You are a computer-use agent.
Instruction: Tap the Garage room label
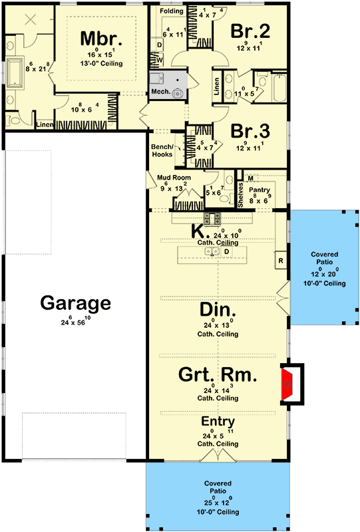point(75,303)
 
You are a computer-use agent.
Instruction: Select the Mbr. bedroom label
point(99,37)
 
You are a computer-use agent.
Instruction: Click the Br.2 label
point(250,31)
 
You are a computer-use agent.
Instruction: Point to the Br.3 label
point(250,130)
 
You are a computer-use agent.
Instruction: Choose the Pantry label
point(260,190)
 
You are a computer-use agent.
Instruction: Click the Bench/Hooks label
point(162,150)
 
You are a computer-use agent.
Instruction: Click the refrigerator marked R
point(281,260)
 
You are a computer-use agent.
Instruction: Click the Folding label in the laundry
point(171,11)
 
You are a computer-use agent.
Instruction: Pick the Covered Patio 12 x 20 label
point(323,269)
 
